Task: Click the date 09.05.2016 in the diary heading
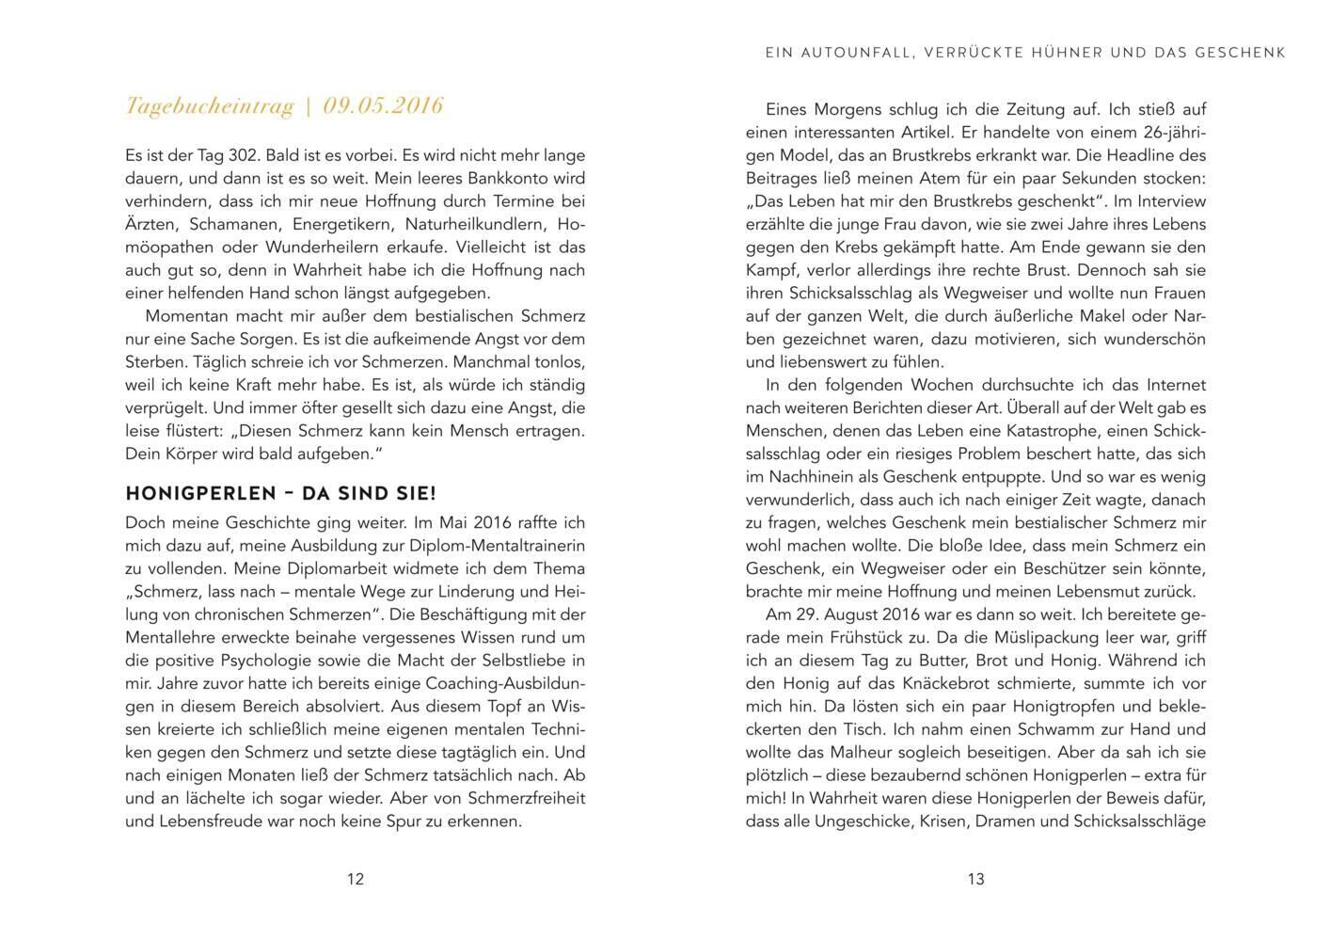coord(383,106)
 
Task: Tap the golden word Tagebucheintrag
coord(210,106)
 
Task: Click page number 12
coord(355,879)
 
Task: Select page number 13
coord(975,879)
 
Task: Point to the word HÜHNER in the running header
coord(1068,53)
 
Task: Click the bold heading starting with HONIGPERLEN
coord(280,494)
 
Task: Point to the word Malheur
coord(862,753)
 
